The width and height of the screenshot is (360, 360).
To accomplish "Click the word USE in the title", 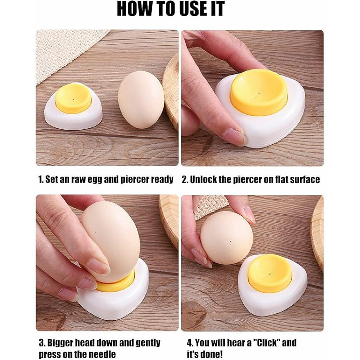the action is [x=190, y=9].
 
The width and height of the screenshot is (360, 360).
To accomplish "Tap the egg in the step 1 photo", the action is [x=141, y=100].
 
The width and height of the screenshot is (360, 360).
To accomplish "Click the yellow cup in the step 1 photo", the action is [x=74, y=98].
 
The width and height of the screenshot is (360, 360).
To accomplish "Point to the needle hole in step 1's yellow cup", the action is [x=73, y=99].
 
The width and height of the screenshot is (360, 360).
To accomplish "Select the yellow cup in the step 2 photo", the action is [x=259, y=92].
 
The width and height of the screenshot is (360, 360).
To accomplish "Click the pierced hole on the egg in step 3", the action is [x=95, y=232].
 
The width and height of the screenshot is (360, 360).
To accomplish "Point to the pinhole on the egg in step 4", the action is [x=230, y=241].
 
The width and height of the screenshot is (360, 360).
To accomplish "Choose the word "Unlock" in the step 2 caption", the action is [x=203, y=179].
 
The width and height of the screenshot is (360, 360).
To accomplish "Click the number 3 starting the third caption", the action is [x=41, y=343].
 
